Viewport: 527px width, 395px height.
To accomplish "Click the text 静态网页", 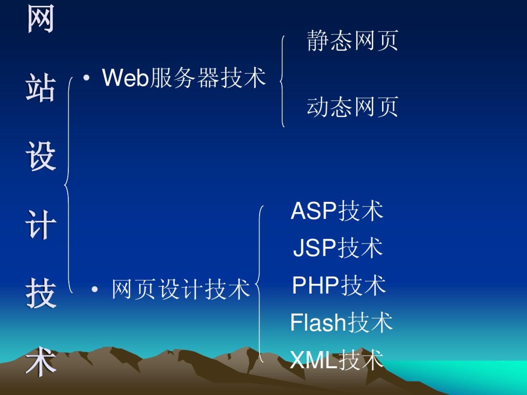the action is tap(352, 41).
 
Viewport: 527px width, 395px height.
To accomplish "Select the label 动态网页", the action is tap(352, 107).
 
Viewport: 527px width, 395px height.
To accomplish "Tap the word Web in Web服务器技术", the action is tap(125, 78).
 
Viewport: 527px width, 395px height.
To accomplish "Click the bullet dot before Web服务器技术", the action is tap(86, 78).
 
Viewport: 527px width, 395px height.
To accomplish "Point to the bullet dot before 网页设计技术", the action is tap(95, 289).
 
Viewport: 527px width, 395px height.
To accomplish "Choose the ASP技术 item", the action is tap(337, 211).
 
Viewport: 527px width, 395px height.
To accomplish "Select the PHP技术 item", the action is tap(339, 285).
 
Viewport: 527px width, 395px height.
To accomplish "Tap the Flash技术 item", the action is tap(341, 322).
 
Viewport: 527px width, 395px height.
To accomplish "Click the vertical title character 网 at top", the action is tap(40, 19).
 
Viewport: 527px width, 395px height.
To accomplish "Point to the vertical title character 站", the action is tap(40, 87).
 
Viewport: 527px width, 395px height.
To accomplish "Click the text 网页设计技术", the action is tap(181, 289).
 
